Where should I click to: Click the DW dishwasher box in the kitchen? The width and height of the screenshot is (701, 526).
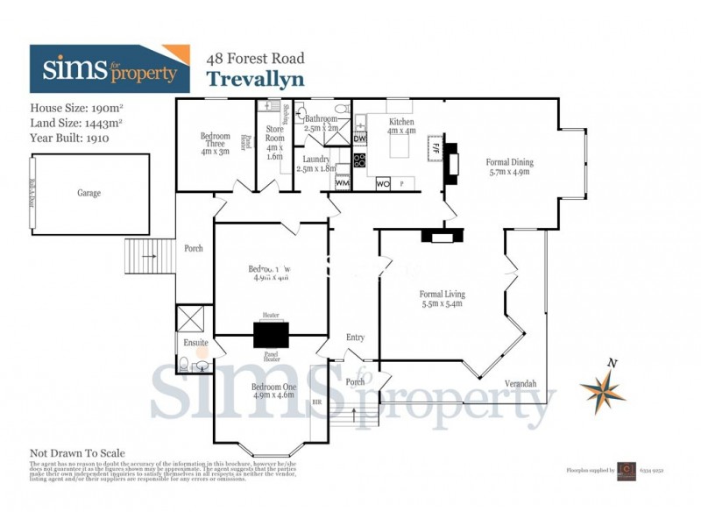(x=360, y=139)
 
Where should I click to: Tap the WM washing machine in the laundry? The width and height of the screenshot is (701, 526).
(x=342, y=182)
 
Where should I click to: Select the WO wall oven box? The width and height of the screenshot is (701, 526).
(x=383, y=184)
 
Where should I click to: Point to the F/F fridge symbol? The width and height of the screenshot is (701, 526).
(x=433, y=146)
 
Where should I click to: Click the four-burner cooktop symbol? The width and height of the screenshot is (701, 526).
(x=359, y=160)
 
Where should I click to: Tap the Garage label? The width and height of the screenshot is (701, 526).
(x=89, y=193)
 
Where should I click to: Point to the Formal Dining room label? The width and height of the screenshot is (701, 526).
(x=509, y=167)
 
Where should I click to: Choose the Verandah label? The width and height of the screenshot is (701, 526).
(x=520, y=383)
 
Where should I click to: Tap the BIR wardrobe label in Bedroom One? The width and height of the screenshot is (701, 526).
(x=317, y=402)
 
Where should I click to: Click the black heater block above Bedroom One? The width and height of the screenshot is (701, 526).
(x=271, y=336)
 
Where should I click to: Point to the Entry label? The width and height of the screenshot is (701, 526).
(x=355, y=338)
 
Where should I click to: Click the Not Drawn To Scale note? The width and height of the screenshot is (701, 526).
(x=77, y=453)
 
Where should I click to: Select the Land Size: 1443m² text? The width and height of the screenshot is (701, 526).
(x=75, y=123)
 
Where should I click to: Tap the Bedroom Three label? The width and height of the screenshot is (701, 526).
(x=215, y=141)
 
